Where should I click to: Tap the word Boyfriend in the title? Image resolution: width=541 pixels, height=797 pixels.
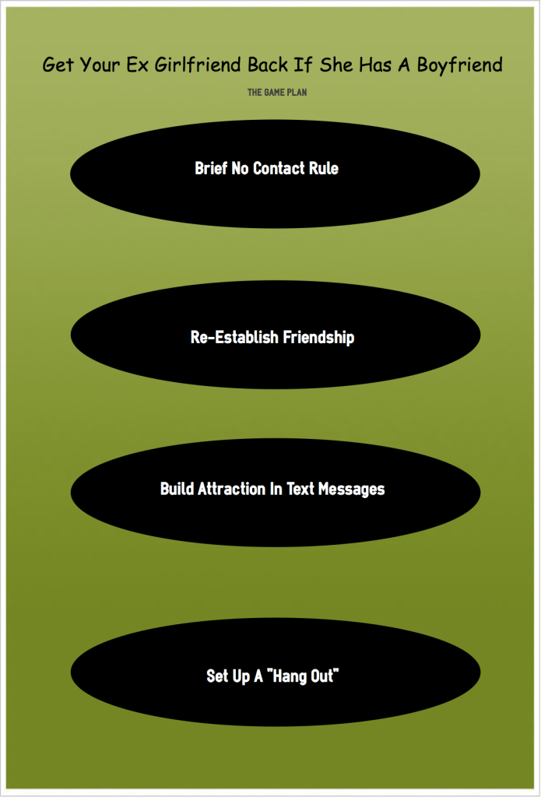click(x=459, y=65)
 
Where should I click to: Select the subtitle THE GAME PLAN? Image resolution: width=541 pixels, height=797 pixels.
click(x=277, y=93)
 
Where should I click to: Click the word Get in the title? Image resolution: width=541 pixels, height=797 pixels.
click(x=58, y=65)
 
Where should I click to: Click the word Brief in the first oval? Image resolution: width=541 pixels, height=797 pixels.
click(x=210, y=168)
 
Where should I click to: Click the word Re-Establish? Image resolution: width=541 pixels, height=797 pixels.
click(x=234, y=337)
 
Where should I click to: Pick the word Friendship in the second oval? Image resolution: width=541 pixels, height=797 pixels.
click(x=318, y=338)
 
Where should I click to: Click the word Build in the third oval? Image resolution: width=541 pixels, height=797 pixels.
click(x=177, y=489)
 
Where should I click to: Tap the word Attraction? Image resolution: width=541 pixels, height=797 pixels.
click(x=231, y=489)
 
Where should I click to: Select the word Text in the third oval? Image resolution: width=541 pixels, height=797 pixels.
click(x=300, y=489)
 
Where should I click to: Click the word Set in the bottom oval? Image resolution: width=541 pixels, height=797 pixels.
click(x=216, y=676)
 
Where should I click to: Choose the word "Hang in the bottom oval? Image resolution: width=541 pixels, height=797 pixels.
click(x=286, y=677)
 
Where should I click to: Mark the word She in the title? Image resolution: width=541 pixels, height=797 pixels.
click(x=336, y=65)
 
